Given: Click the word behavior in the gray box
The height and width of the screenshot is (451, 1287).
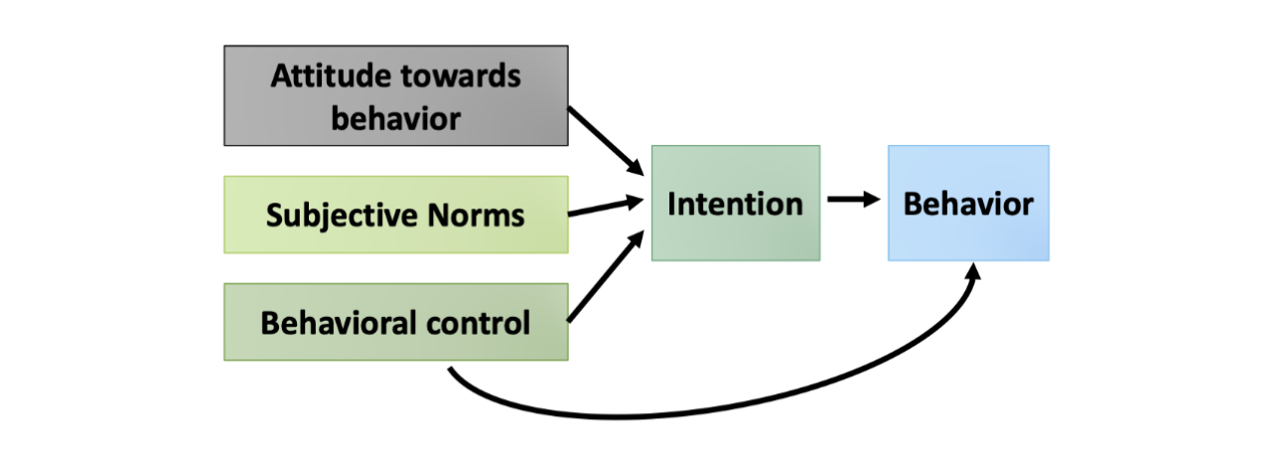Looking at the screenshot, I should pos(395,118).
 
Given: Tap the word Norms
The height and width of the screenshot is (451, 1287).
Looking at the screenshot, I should pos(481,215).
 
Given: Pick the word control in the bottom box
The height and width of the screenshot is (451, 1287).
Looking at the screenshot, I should pos(482,322).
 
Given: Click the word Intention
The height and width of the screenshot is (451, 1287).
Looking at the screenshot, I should pos(735,204).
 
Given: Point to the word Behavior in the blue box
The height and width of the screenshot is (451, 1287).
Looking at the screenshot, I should pos(967,204).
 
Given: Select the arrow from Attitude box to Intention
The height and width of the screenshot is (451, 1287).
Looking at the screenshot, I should pos(604,140).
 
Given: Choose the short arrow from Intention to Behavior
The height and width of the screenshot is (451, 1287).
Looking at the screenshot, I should pos(853,200).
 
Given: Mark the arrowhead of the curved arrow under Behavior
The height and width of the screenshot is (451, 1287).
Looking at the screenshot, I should pos(974,273).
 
